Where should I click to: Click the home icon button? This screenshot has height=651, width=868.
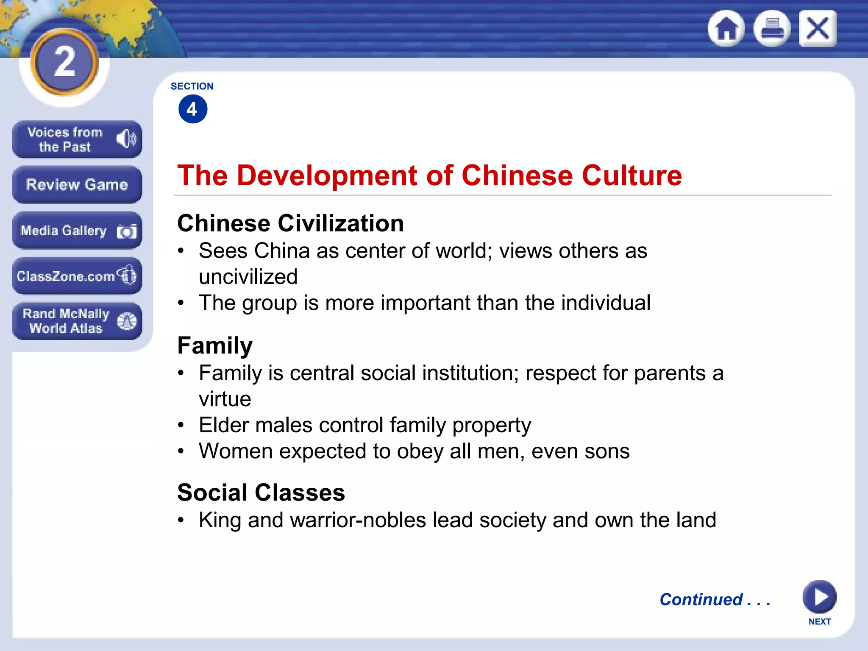pos(726,28)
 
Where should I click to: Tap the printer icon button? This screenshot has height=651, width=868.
pos(772,28)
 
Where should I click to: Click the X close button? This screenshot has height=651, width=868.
pos(818,28)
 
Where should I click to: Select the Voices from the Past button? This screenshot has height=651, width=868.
pos(77,139)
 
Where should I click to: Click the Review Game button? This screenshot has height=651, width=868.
pos(77,185)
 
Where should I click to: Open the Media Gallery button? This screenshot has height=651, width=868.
pos(77,231)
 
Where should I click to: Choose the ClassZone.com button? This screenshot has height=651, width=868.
pos(77,276)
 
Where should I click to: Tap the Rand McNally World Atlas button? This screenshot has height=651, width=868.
pos(77,321)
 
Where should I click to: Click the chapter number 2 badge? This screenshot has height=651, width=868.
pos(65,62)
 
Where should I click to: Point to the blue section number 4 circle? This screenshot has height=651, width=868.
pos(193,109)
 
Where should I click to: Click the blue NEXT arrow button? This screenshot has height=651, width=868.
pos(819,597)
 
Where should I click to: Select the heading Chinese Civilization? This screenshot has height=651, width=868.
pos(290,223)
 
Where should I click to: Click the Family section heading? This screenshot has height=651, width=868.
pos(215,345)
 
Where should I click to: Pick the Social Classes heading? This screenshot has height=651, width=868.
pos(261,492)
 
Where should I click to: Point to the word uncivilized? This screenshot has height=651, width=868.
pos(248,277)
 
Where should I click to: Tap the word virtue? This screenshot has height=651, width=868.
pos(225,399)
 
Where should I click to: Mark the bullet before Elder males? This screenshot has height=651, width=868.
pos(181,425)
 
